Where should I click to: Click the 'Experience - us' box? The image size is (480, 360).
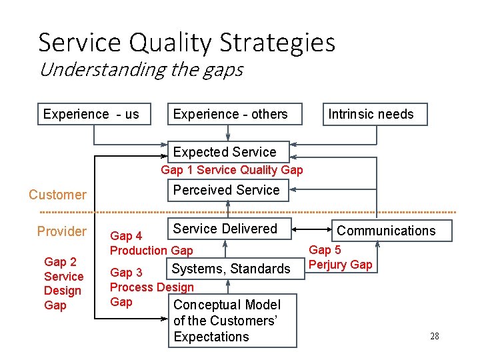91,114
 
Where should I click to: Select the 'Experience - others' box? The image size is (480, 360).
231,114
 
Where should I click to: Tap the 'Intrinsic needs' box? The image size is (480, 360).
371,114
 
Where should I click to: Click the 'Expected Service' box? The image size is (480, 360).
225,152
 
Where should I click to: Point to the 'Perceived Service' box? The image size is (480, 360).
227,190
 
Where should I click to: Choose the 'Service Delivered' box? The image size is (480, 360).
225,229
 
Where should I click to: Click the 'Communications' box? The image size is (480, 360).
386,231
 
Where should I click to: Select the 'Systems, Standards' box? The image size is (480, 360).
231,269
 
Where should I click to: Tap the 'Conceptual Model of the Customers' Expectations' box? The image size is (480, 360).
227,321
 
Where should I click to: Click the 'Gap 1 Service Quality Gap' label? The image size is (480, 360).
232,170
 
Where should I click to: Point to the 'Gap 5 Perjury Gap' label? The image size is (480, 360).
340,257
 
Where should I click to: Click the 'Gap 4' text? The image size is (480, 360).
126,236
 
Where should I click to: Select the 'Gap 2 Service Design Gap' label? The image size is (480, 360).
63,283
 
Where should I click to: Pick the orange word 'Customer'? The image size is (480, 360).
57,195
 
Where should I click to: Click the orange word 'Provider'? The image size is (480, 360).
61,231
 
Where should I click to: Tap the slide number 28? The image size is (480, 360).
434,336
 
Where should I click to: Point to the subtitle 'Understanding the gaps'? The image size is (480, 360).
141,69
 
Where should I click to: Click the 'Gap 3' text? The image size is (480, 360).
126,272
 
